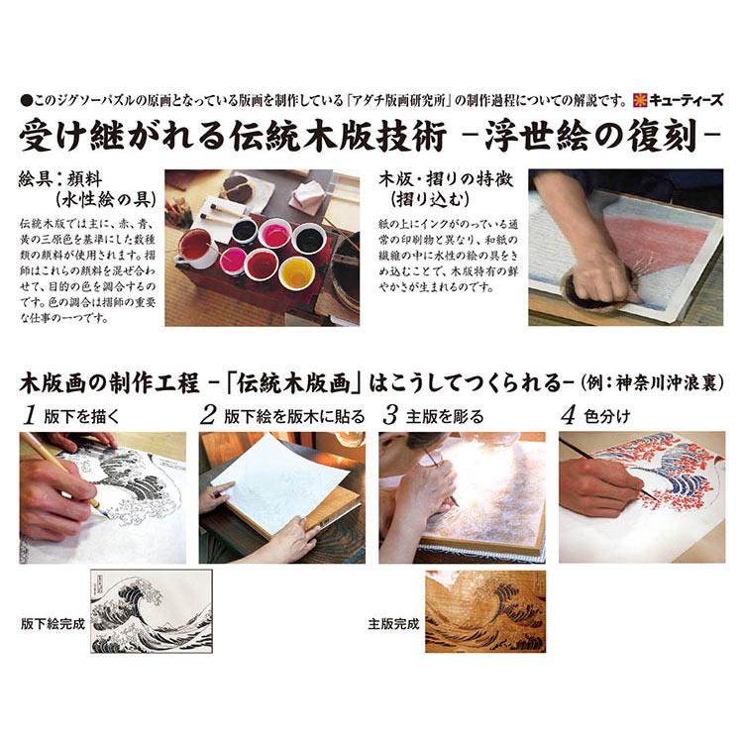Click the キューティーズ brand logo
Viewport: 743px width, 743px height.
680,99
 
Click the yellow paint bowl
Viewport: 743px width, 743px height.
296,272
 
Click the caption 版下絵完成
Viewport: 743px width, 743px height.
52,624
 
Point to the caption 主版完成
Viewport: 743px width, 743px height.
393,624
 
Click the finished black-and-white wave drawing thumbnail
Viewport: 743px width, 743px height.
151,610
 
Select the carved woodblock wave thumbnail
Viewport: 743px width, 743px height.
484,610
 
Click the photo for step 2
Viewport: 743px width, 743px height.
281,495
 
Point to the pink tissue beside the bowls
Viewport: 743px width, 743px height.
309,196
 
